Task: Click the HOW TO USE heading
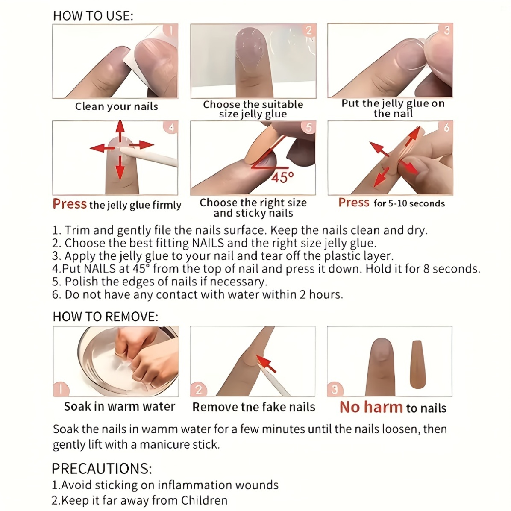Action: (x=93, y=16)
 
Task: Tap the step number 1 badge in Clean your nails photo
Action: (x=171, y=30)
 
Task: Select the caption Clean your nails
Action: (x=116, y=106)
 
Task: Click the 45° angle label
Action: (x=283, y=176)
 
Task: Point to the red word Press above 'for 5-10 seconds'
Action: (x=353, y=203)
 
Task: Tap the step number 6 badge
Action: (x=446, y=127)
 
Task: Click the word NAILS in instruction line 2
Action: (x=208, y=243)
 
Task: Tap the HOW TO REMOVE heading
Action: (x=105, y=317)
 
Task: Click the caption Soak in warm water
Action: (x=119, y=406)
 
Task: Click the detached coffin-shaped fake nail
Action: (x=417, y=364)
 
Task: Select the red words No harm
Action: (x=371, y=407)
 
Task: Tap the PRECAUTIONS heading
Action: (x=102, y=469)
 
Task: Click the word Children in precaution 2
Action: (x=204, y=500)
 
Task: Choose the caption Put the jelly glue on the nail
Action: (x=393, y=109)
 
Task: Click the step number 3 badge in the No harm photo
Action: (x=335, y=389)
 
